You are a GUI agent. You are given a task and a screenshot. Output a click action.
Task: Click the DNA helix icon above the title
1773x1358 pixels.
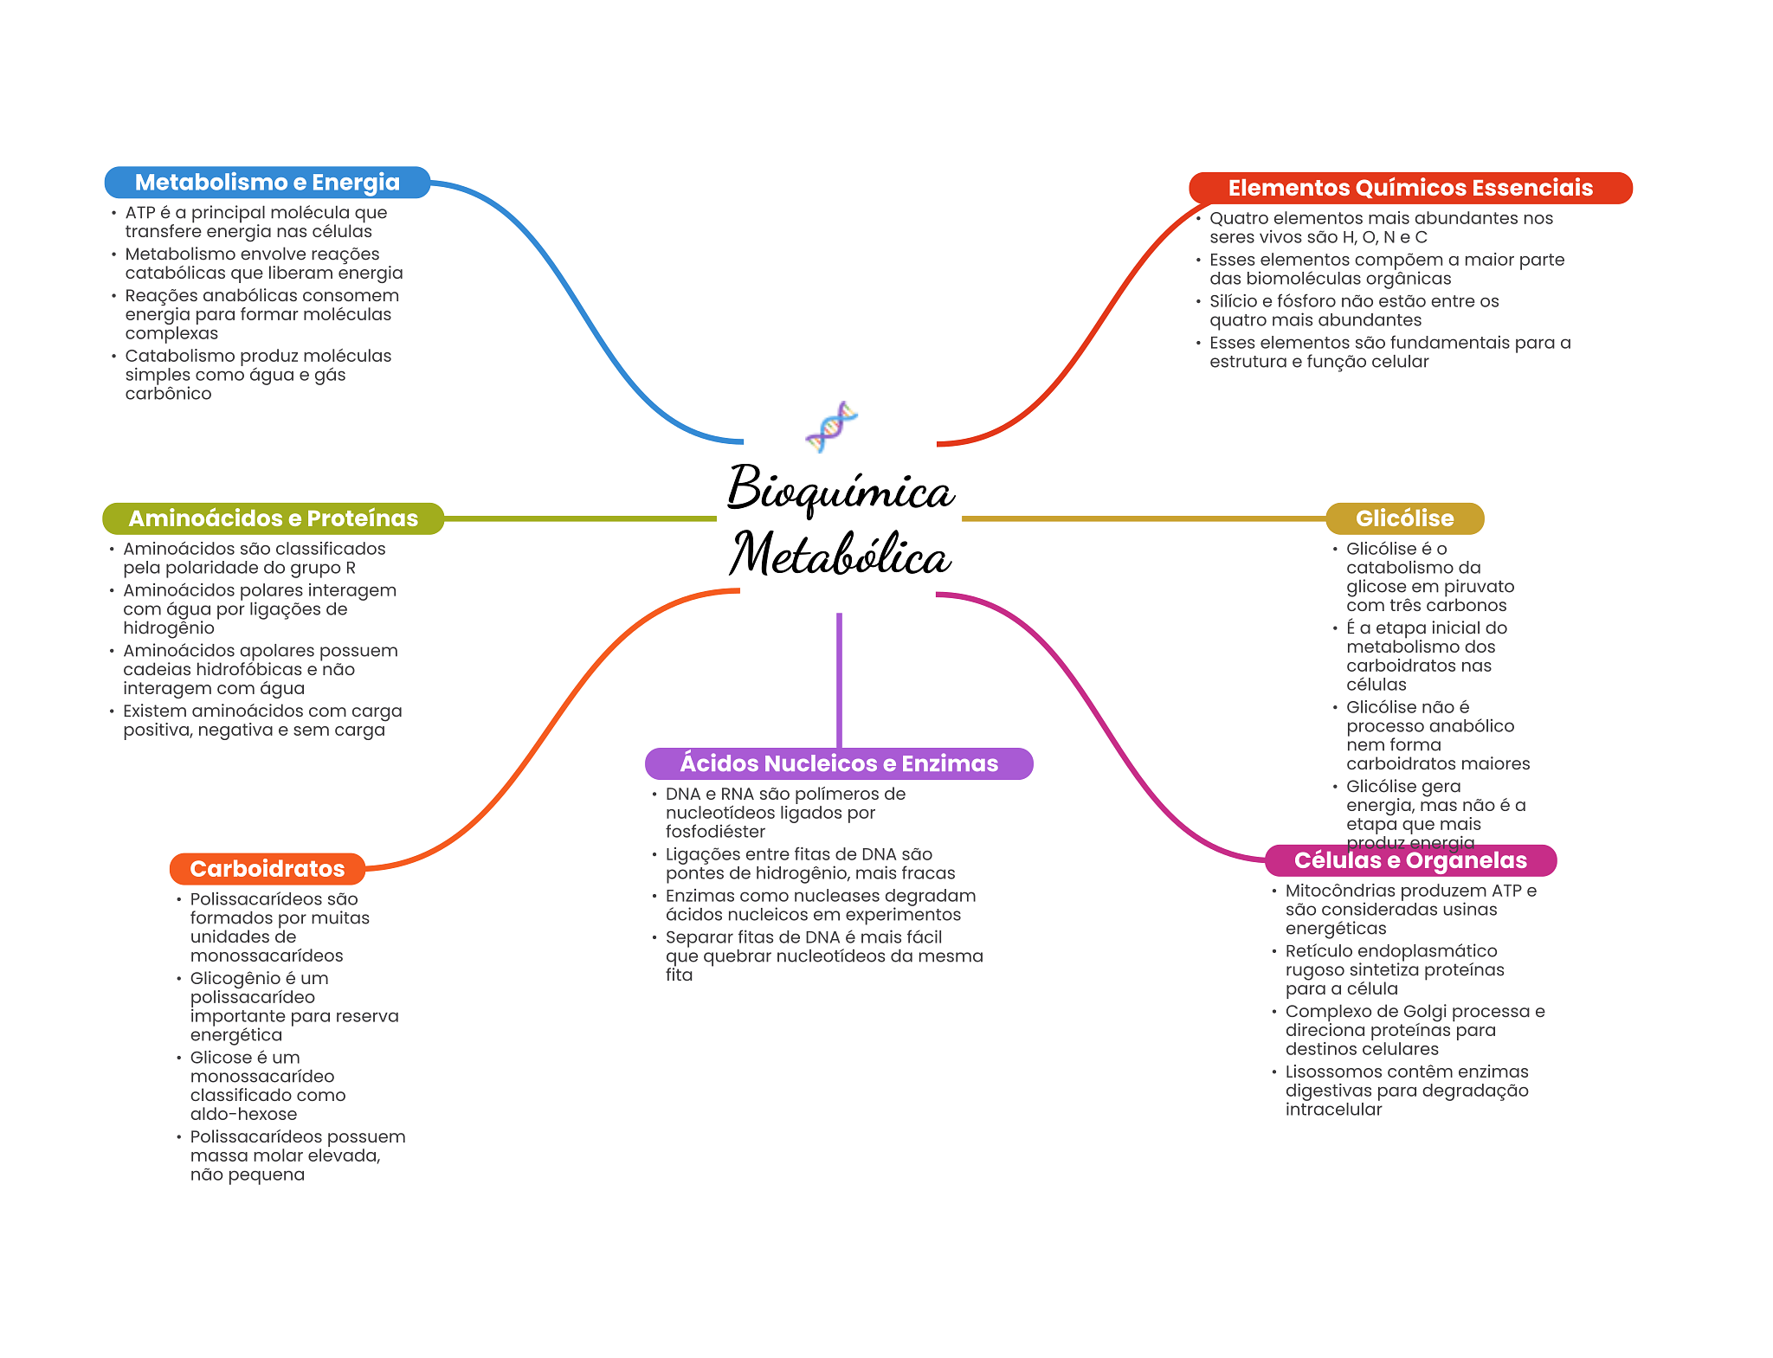pos(831,426)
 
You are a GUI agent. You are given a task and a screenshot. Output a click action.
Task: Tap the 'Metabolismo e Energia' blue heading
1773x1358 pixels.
pos(268,183)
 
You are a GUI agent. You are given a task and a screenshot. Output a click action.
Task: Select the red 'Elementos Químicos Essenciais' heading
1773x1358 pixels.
pos(1410,188)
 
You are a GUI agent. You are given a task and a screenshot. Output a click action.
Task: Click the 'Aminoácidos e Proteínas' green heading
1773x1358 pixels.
pos(273,518)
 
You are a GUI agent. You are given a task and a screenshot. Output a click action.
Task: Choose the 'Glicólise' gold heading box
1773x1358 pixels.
pos(1404,518)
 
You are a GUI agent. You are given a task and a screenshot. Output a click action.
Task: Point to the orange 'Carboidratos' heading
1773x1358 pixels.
pos(267,869)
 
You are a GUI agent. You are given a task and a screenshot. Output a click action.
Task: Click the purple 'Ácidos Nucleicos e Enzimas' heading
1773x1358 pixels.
pos(839,763)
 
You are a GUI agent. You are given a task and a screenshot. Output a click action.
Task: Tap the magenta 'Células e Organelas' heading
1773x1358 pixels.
pos(1410,860)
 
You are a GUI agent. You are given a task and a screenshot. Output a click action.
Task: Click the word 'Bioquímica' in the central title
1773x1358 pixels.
pos(841,489)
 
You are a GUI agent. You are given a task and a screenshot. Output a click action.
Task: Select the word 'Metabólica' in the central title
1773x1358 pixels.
pos(841,554)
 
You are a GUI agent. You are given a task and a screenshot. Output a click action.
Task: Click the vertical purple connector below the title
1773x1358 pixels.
pos(839,680)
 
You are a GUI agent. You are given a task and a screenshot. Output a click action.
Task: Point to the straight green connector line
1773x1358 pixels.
pos(580,518)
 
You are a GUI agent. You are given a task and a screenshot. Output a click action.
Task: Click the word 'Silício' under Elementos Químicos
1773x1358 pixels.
pos(1235,301)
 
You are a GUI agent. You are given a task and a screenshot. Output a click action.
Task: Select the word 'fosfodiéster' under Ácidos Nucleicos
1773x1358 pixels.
pos(715,832)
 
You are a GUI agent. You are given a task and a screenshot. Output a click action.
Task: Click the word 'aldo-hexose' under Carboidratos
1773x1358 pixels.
pos(243,1114)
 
